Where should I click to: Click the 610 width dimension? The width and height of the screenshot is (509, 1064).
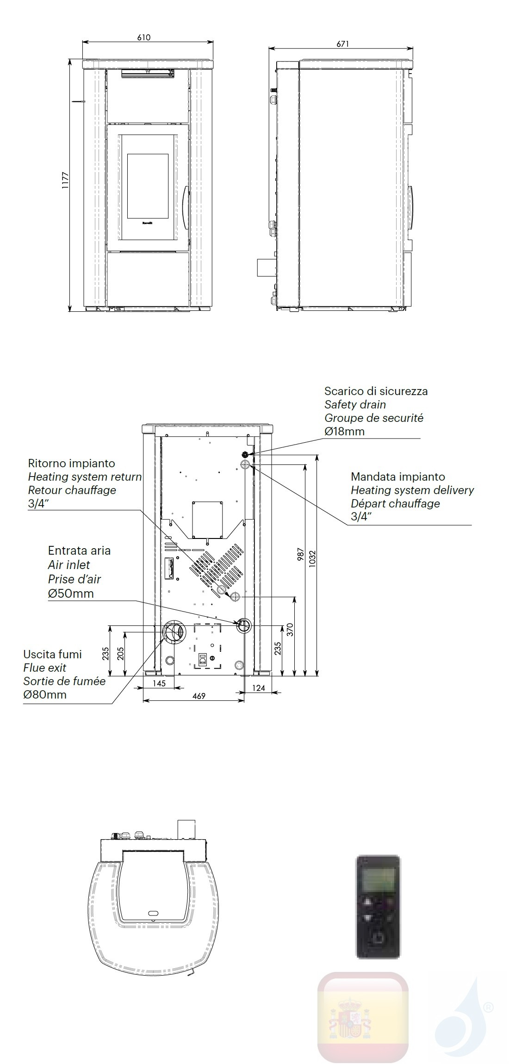[x=144, y=37]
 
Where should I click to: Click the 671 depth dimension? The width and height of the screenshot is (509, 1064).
[x=343, y=44]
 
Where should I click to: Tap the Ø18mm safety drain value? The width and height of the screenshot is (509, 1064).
[x=344, y=432]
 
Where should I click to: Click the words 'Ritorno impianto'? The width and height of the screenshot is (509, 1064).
[x=71, y=463]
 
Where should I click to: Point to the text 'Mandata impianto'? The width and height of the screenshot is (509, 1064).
[x=397, y=476]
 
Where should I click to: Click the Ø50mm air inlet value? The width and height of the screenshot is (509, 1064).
[x=71, y=593]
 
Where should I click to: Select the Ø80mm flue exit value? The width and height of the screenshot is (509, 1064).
[x=45, y=694]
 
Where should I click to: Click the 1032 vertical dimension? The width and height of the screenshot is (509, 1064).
[x=312, y=558]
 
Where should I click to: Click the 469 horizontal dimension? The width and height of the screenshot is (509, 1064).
[x=199, y=696]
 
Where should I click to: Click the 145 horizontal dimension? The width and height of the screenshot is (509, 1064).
[x=159, y=684]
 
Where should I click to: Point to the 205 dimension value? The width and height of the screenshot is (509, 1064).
[x=121, y=653]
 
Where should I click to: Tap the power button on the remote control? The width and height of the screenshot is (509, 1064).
[x=379, y=938]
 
